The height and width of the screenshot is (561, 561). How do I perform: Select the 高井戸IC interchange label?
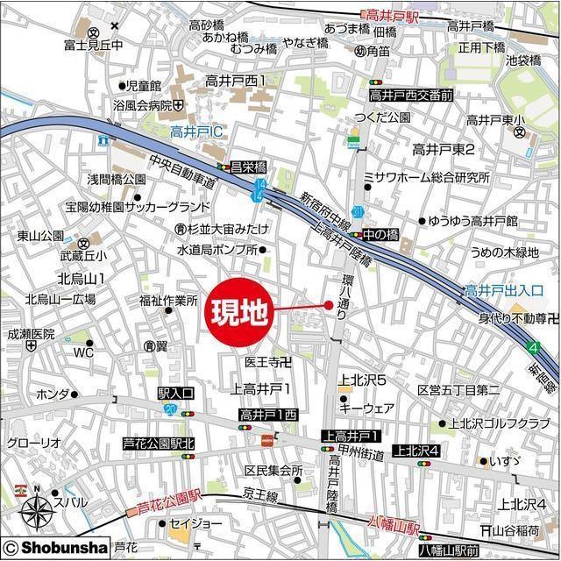pyautogui.click(x=198, y=133)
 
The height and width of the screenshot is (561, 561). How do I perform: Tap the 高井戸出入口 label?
pyautogui.click(x=504, y=290)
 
